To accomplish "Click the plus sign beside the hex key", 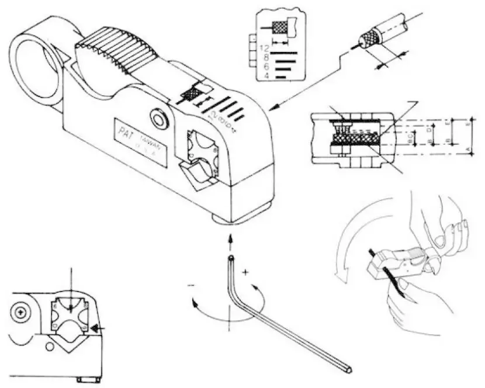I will (246, 272).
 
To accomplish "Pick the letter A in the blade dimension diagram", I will (470, 150).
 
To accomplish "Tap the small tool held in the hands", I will (397, 260).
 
